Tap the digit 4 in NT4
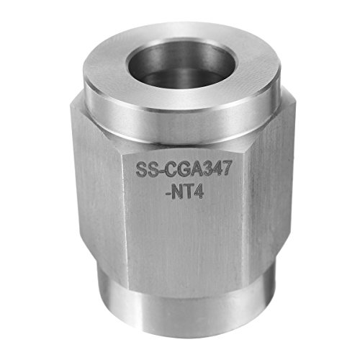click(198, 192)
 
